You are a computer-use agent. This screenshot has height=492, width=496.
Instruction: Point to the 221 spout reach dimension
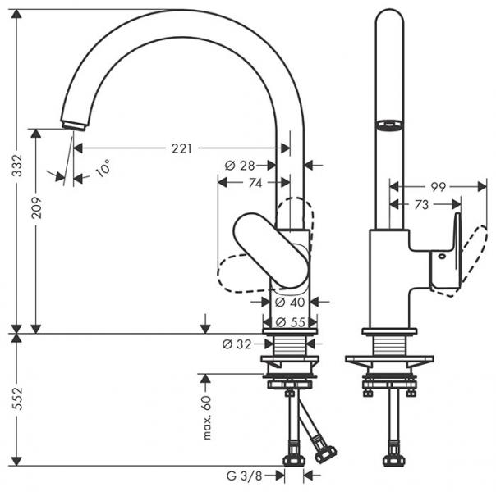coord(181,148)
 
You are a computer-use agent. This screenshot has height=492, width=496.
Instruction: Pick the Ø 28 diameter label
coord(240,166)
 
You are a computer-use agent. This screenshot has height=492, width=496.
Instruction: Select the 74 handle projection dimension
coord(255,184)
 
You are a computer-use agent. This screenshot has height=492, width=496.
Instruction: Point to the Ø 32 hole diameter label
coord(237,344)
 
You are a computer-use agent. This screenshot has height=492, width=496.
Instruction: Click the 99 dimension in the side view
coord(438,187)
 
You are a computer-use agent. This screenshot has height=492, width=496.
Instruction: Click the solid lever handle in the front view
coord(271,250)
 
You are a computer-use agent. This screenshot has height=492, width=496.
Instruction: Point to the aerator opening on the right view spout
coord(388,125)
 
